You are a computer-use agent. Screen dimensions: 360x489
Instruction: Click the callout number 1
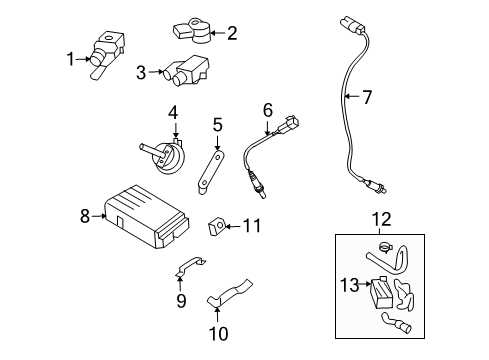coord(70,60)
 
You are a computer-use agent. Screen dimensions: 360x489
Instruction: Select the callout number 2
coord(232,33)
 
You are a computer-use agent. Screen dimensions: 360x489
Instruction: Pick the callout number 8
coord(85,213)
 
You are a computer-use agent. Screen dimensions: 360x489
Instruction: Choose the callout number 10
coord(217,332)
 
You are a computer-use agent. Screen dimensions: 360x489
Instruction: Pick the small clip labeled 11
coord(215,227)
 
